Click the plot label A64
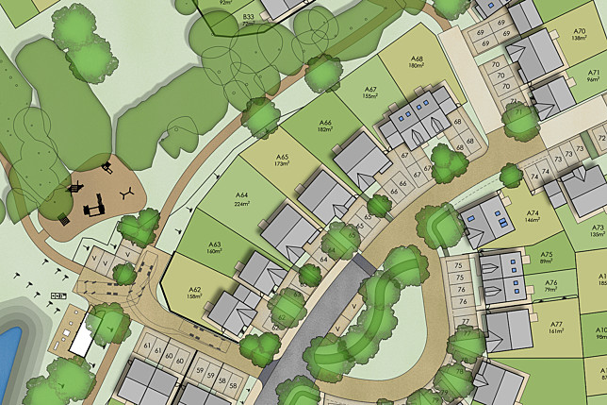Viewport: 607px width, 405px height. [241, 195]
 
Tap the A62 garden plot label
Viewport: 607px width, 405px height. [195, 290]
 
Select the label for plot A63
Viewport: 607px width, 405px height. [214, 244]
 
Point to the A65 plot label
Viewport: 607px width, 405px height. [280, 157]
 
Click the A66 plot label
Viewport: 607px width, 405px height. [325, 123]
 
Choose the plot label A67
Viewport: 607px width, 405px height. [370, 89]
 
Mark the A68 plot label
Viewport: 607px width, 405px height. [417, 59]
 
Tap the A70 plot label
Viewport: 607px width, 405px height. [580, 31]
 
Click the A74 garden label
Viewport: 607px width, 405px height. [533, 212]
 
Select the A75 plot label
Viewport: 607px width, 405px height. [547, 254]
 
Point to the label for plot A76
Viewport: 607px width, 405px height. [550, 282]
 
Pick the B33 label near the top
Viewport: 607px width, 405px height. [249, 17]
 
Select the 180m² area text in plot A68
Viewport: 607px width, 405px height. [417, 66]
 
